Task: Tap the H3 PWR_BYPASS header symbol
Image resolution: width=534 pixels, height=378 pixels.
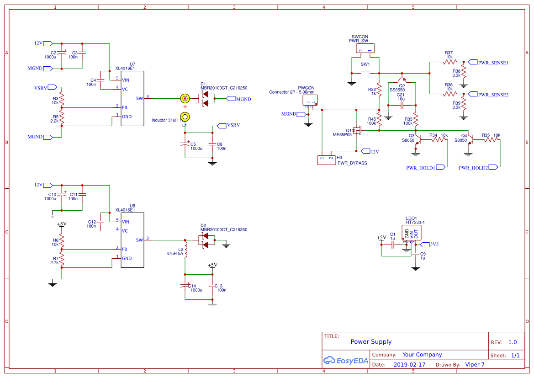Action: point(326,160)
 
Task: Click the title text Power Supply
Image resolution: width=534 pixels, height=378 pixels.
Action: point(371,342)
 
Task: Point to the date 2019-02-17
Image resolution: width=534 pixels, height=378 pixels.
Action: point(409,365)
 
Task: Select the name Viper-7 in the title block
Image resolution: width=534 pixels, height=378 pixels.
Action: point(475,365)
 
